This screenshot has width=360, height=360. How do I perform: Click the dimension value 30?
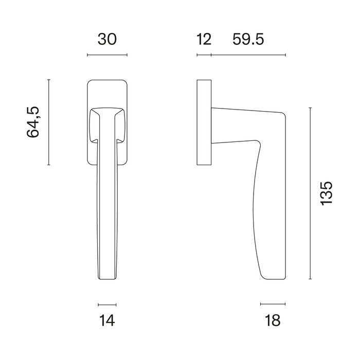point(107,39)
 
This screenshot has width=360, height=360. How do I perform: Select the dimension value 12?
point(204,39)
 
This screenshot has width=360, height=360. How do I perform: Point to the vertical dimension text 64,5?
point(33,122)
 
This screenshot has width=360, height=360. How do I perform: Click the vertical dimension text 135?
point(327,193)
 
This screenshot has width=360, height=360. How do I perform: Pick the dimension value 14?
point(106,320)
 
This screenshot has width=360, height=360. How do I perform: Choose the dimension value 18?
point(273,320)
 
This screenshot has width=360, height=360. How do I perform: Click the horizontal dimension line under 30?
point(107,55)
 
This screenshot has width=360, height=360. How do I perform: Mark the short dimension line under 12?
point(204,55)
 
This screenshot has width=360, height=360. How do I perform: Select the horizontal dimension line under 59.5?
point(248,55)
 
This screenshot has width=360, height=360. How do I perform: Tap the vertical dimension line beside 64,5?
point(48,122)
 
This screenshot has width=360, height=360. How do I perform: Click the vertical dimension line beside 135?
point(310,193)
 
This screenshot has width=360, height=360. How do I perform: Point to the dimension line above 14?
point(106,304)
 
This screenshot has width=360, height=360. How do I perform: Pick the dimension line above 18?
point(273,304)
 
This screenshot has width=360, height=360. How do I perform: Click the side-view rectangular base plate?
point(204,122)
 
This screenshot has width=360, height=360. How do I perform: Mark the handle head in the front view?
point(106,123)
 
